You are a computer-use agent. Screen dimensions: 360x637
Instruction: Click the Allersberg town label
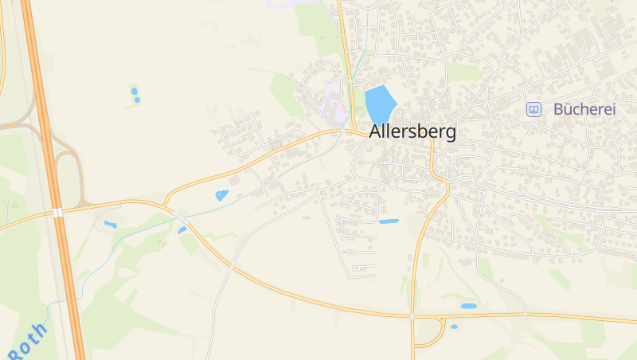412,132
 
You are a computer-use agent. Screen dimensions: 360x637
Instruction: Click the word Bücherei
584,110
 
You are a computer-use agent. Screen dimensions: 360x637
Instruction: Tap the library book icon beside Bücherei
534,110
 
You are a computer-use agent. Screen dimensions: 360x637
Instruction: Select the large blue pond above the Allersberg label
380,104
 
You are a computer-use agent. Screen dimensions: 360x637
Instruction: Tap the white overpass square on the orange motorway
57,212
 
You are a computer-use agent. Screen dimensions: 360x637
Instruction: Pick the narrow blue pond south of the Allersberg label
389,221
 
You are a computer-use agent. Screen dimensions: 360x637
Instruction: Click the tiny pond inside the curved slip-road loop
454,326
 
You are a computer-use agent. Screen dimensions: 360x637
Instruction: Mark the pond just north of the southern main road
468,306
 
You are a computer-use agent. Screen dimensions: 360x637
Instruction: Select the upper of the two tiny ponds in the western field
134,90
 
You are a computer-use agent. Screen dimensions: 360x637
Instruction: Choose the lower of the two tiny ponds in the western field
137,100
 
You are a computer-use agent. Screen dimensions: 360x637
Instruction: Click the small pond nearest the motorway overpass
110,225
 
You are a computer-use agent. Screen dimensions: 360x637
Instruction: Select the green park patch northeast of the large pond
466,72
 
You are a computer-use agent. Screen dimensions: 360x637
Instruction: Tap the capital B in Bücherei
559,110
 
